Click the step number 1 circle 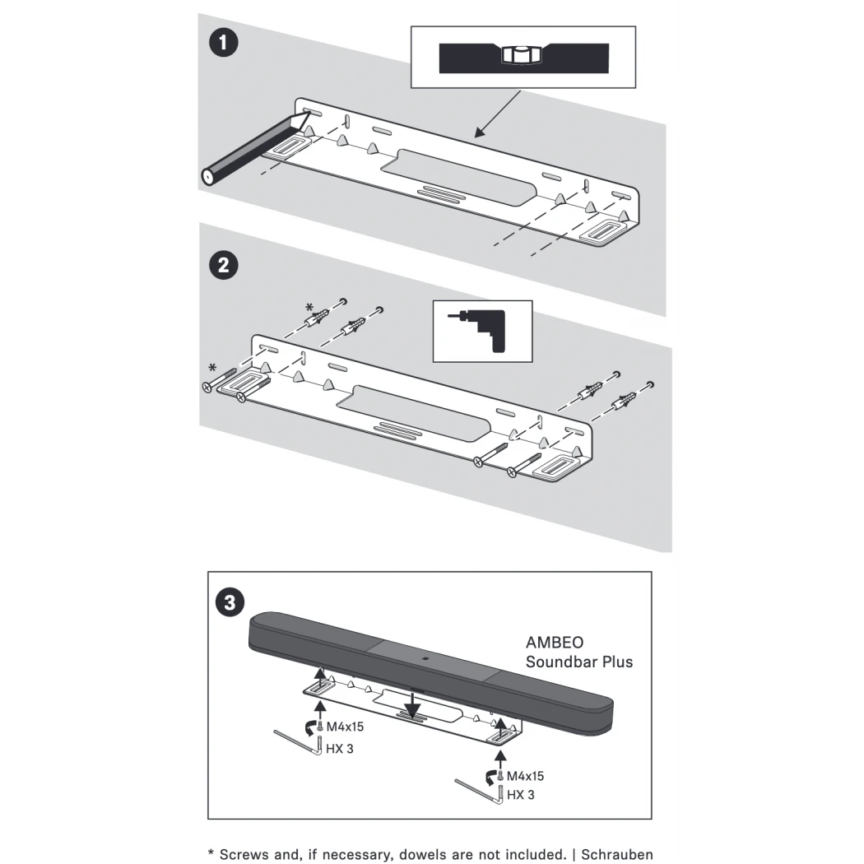click(224, 43)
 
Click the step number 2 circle click(224, 265)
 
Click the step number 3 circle click(230, 602)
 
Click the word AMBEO click(555, 643)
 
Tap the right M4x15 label click(525, 776)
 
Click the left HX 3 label click(340, 750)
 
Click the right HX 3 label click(521, 795)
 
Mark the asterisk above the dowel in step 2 click(309, 309)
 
